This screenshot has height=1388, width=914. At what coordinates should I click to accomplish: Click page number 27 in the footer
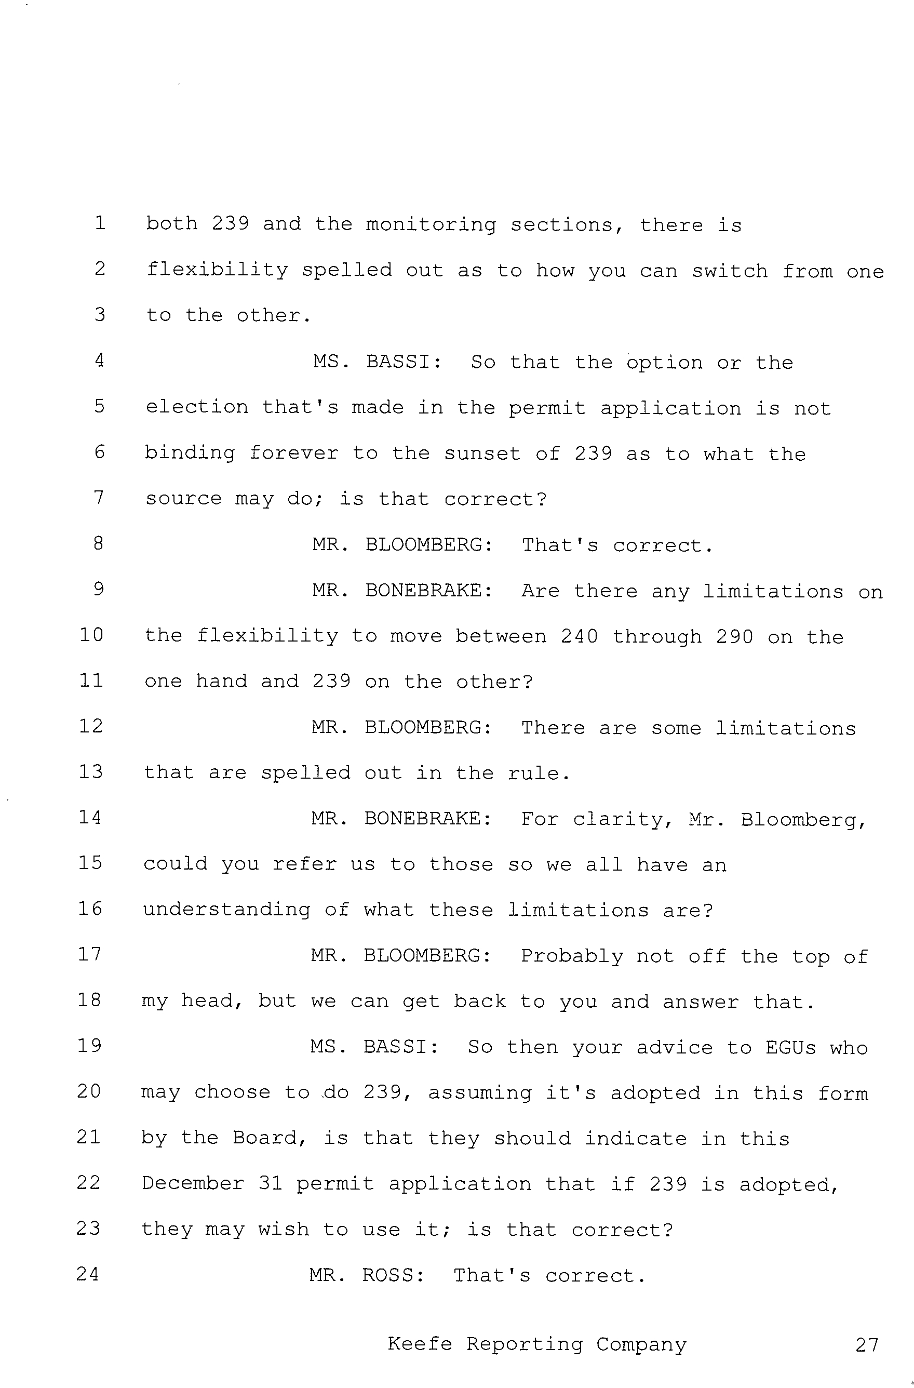click(x=867, y=1345)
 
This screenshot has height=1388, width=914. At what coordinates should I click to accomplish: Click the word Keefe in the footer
click(x=420, y=1344)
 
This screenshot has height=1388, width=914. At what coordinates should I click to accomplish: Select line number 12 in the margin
click(x=91, y=726)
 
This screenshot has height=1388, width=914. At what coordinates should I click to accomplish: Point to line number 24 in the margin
click(x=88, y=1274)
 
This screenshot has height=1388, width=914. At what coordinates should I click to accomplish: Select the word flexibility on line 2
click(x=218, y=270)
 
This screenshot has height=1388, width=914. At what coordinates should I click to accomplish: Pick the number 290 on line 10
click(x=735, y=636)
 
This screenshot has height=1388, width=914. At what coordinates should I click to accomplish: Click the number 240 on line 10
click(x=580, y=636)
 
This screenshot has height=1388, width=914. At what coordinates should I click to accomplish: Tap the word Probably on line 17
click(x=571, y=957)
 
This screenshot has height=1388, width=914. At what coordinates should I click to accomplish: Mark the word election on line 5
click(x=197, y=407)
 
